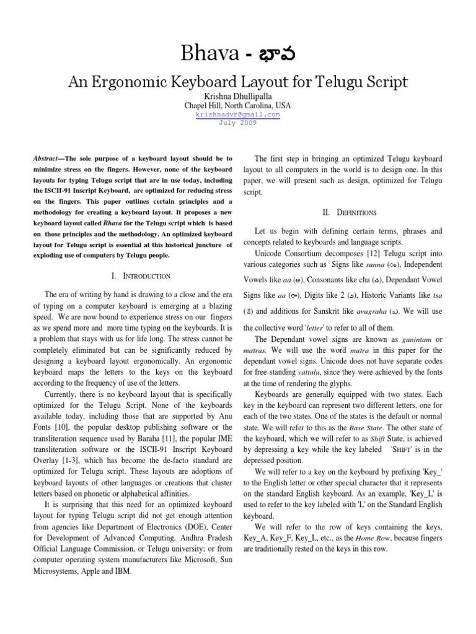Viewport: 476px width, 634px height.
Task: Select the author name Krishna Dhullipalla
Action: click(238, 96)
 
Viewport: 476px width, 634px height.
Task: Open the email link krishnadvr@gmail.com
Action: click(238, 115)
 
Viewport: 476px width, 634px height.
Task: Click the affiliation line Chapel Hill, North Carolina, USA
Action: click(238, 106)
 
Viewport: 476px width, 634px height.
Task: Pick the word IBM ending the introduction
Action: click(123, 571)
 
